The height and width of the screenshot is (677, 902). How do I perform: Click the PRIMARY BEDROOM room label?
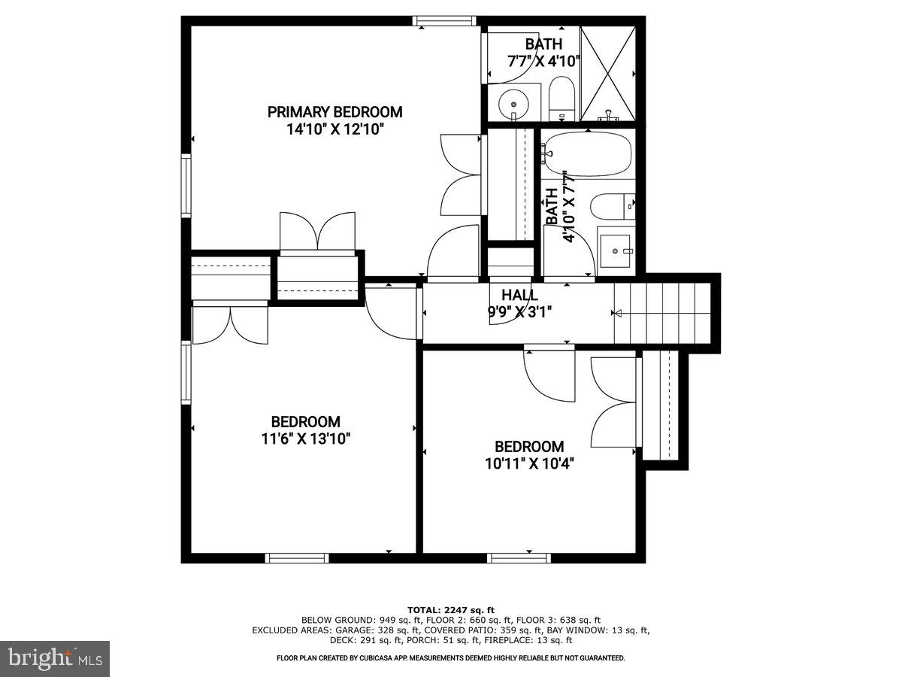pos(334,112)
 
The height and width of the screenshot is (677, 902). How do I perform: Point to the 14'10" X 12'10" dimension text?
pos(334,129)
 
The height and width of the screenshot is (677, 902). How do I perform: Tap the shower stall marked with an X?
pos(608,73)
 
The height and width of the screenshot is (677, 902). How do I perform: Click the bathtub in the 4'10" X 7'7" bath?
pos(587,154)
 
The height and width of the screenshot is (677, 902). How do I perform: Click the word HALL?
pos(519,295)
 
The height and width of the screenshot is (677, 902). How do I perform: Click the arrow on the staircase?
pos(619,314)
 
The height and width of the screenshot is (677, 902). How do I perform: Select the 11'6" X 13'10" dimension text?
pos(305,439)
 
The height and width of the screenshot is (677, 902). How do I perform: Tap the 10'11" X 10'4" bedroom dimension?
pos(524,463)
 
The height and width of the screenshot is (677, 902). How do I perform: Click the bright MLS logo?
pos(55,658)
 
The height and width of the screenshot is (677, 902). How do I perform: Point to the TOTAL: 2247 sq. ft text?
pos(451,610)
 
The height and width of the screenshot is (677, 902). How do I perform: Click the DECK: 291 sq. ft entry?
pos(362,641)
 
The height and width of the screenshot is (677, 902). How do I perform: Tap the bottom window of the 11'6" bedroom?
pos(297,558)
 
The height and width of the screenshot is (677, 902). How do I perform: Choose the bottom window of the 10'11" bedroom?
pos(519,558)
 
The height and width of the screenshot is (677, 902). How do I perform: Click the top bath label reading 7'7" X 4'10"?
pos(543,62)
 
